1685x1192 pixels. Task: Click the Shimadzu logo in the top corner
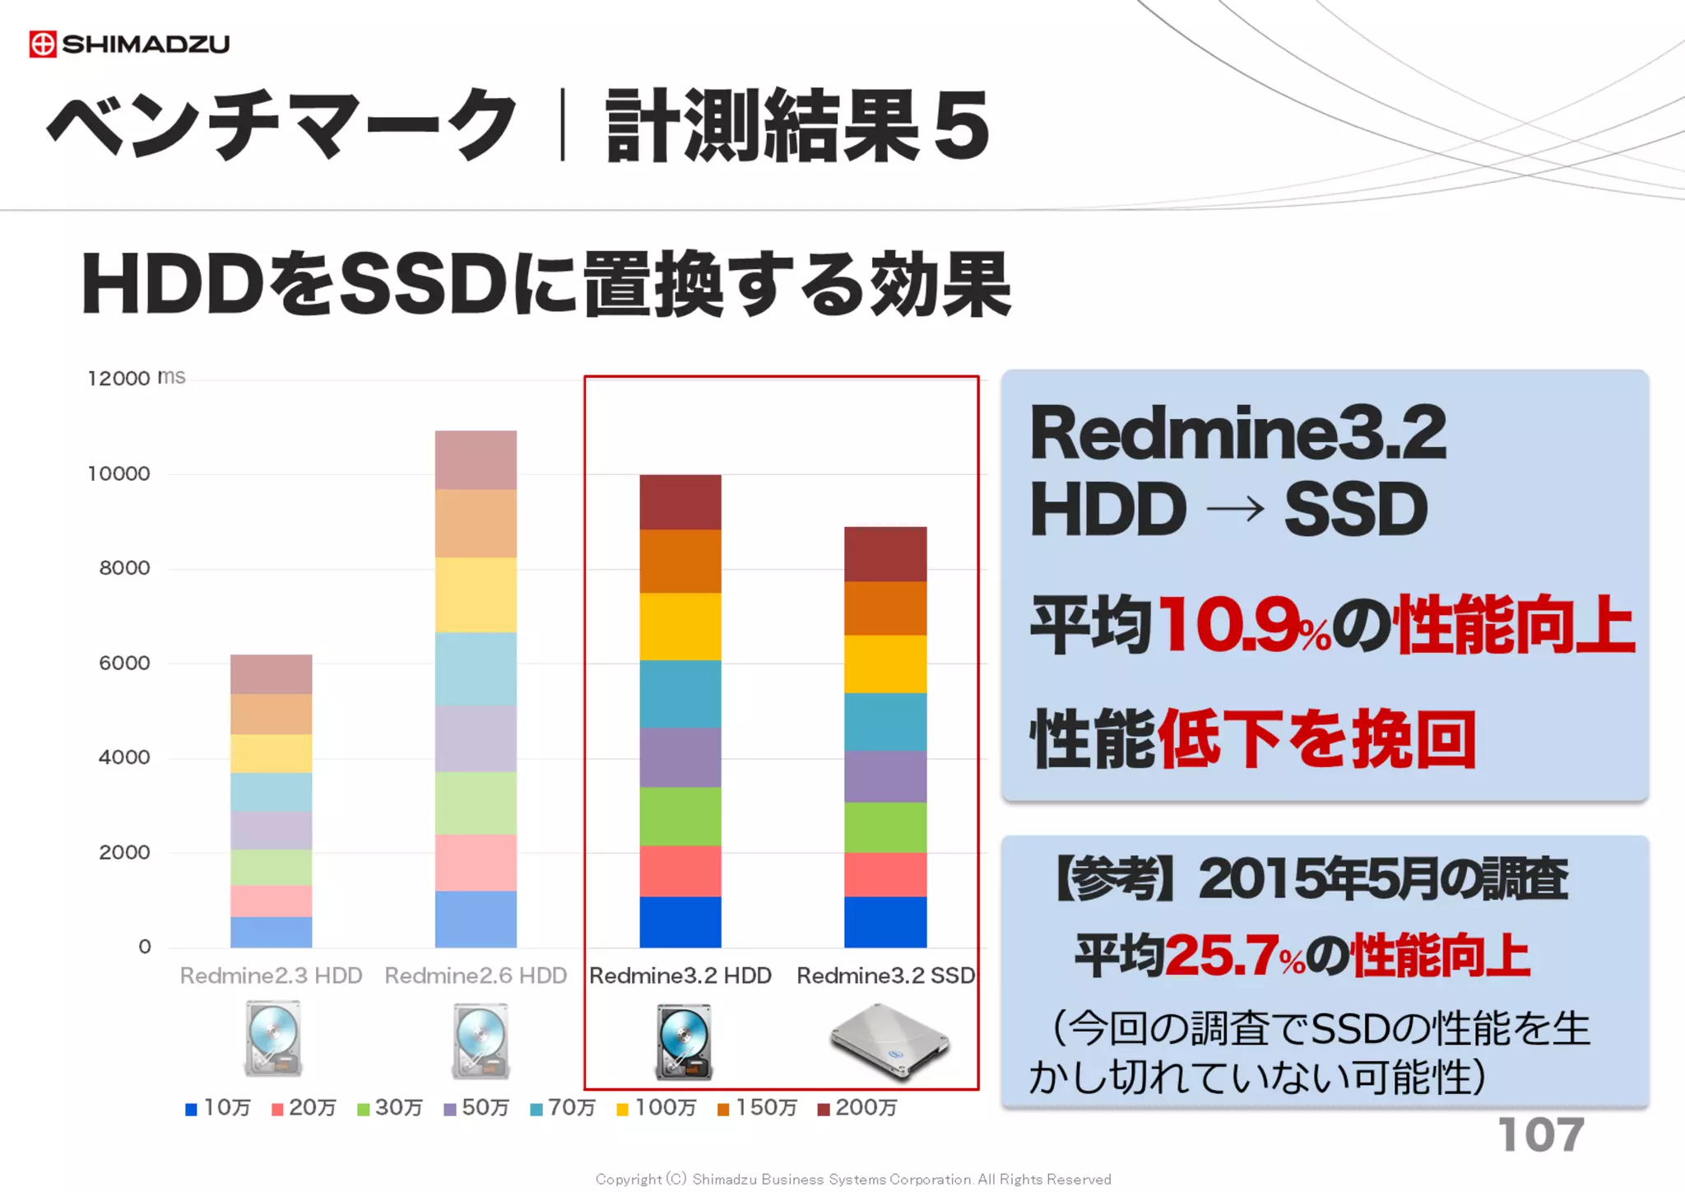coord(129,44)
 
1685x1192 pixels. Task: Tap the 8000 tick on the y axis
coord(124,568)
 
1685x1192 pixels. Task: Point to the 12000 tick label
coord(118,379)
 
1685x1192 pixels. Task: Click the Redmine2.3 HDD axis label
coord(271,975)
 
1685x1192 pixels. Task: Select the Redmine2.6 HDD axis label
coord(476,975)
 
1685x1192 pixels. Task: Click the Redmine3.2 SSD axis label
coord(885,975)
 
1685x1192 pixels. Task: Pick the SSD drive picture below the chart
coord(889,1041)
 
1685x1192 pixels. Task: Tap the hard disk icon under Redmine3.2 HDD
coord(684,1041)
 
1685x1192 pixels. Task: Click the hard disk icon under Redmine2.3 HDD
coord(273,1039)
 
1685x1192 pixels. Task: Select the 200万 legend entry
coord(857,1108)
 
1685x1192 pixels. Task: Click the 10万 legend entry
coord(218,1108)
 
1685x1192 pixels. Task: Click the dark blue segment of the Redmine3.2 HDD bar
coord(680,921)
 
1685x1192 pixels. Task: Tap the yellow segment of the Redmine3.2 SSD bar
coord(885,664)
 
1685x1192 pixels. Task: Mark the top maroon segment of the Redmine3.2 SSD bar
coord(885,554)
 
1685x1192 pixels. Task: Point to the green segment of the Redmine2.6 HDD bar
coord(476,803)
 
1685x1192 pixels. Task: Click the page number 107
coord(1540,1135)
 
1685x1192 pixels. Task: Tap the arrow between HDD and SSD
coord(1235,510)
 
